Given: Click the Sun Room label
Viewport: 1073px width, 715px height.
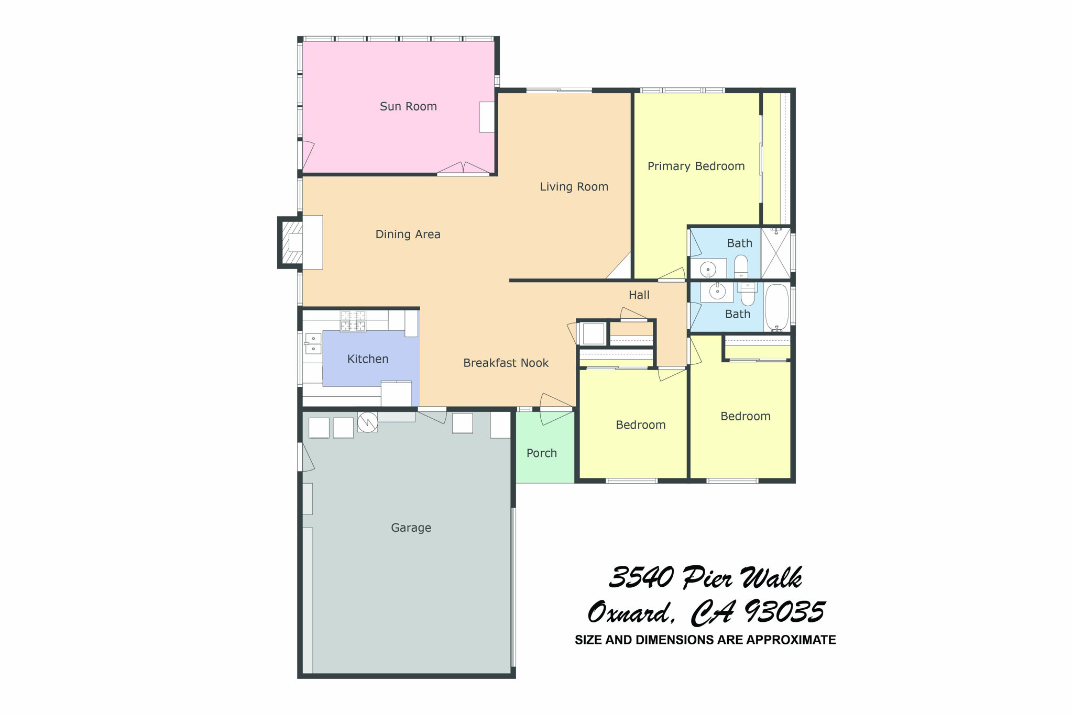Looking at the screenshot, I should [x=408, y=107].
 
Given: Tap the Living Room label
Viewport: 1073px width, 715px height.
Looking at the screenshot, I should [x=574, y=187].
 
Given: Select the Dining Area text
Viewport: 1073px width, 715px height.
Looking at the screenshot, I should [x=408, y=234].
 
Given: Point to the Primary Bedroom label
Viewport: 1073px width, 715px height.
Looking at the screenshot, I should [x=696, y=166].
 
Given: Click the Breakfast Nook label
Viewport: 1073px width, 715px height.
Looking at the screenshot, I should [x=506, y=363].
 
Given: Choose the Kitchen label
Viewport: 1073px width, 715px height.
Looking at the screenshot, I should [x=368, y=359].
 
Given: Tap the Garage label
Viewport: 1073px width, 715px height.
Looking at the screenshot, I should [x=411, y=528].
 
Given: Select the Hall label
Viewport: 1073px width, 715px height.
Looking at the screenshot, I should [x=639, y=295].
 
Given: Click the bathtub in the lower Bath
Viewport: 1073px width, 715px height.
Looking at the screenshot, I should [x=777, y=307].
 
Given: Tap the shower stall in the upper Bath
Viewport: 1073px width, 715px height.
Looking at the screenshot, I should [x=775, y=253].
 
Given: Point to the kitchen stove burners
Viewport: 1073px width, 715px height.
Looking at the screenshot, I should [x=353, y=321].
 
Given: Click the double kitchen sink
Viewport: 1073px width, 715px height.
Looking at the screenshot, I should [x=313, y=344].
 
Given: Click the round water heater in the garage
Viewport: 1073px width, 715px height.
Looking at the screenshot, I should [x=367, y=422].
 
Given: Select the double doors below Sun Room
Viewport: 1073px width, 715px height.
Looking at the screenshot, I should [x=463, y=168].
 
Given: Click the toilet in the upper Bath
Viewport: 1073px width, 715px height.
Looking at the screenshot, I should [x=741, y=266].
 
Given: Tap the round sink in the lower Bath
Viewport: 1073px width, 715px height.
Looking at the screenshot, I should [x=717, y=292].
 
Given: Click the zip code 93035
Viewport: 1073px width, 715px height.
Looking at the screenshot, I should [x=784, y=612].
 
